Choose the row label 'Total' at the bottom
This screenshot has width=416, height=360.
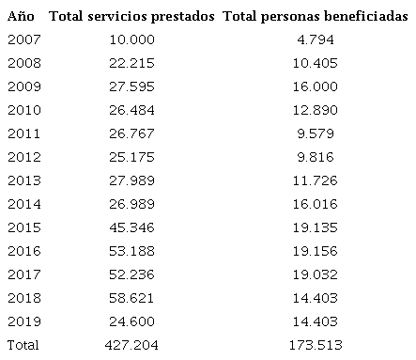pos(23,344)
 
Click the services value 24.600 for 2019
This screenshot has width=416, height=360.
pos(131,321)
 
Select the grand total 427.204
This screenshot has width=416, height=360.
pos(131,344)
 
